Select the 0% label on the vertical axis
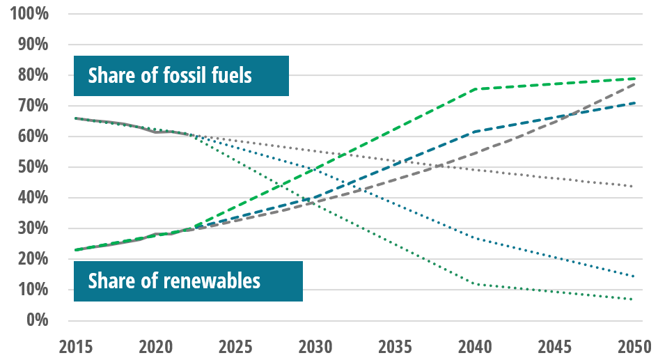coord(36,320)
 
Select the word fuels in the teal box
coord(227,75)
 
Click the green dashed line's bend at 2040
coord(474,89)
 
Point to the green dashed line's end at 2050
coord(634,79)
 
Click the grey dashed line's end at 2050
coord(634,84)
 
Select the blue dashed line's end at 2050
coord(634,103)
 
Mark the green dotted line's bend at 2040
coord(474,283)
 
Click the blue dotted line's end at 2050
coord(634,276)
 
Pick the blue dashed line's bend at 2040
coord(474,132)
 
